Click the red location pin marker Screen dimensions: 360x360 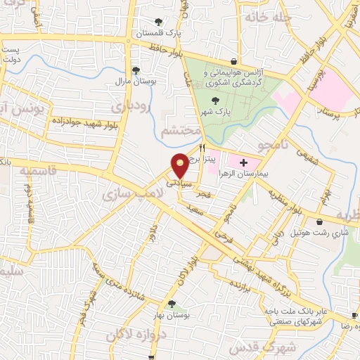pos(181,165)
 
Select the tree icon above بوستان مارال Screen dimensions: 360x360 pos(136,70)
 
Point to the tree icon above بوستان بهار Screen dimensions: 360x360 pos(171,304)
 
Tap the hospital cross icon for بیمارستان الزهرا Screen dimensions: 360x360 pos(243,162)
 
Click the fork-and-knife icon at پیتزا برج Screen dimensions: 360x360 pos(202,148)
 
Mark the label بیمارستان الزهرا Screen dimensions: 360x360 pos(264,172)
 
